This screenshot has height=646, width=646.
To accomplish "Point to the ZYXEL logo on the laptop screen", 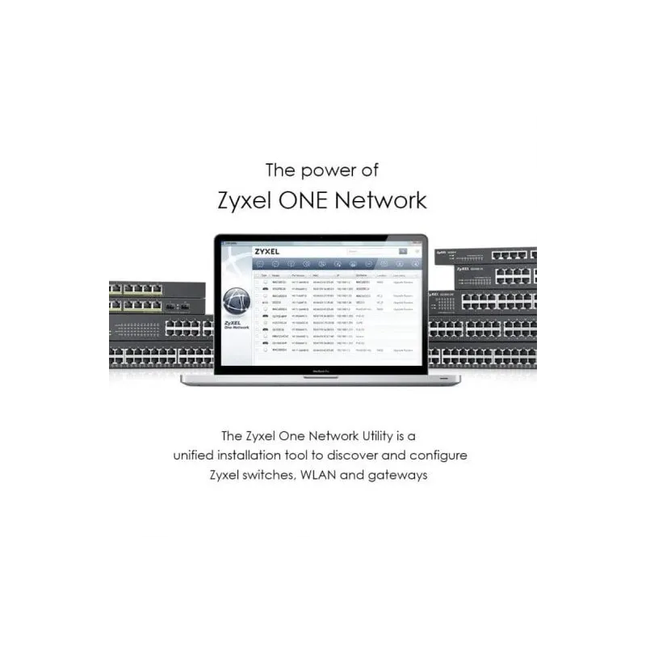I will point(267,252).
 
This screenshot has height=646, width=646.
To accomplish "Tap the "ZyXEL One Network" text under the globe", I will point(236,325).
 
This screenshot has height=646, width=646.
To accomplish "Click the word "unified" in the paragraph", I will point(198,455).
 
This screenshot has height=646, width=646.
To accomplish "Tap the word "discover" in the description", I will point(350,455).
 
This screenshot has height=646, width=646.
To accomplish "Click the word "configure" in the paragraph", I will point(436,455).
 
